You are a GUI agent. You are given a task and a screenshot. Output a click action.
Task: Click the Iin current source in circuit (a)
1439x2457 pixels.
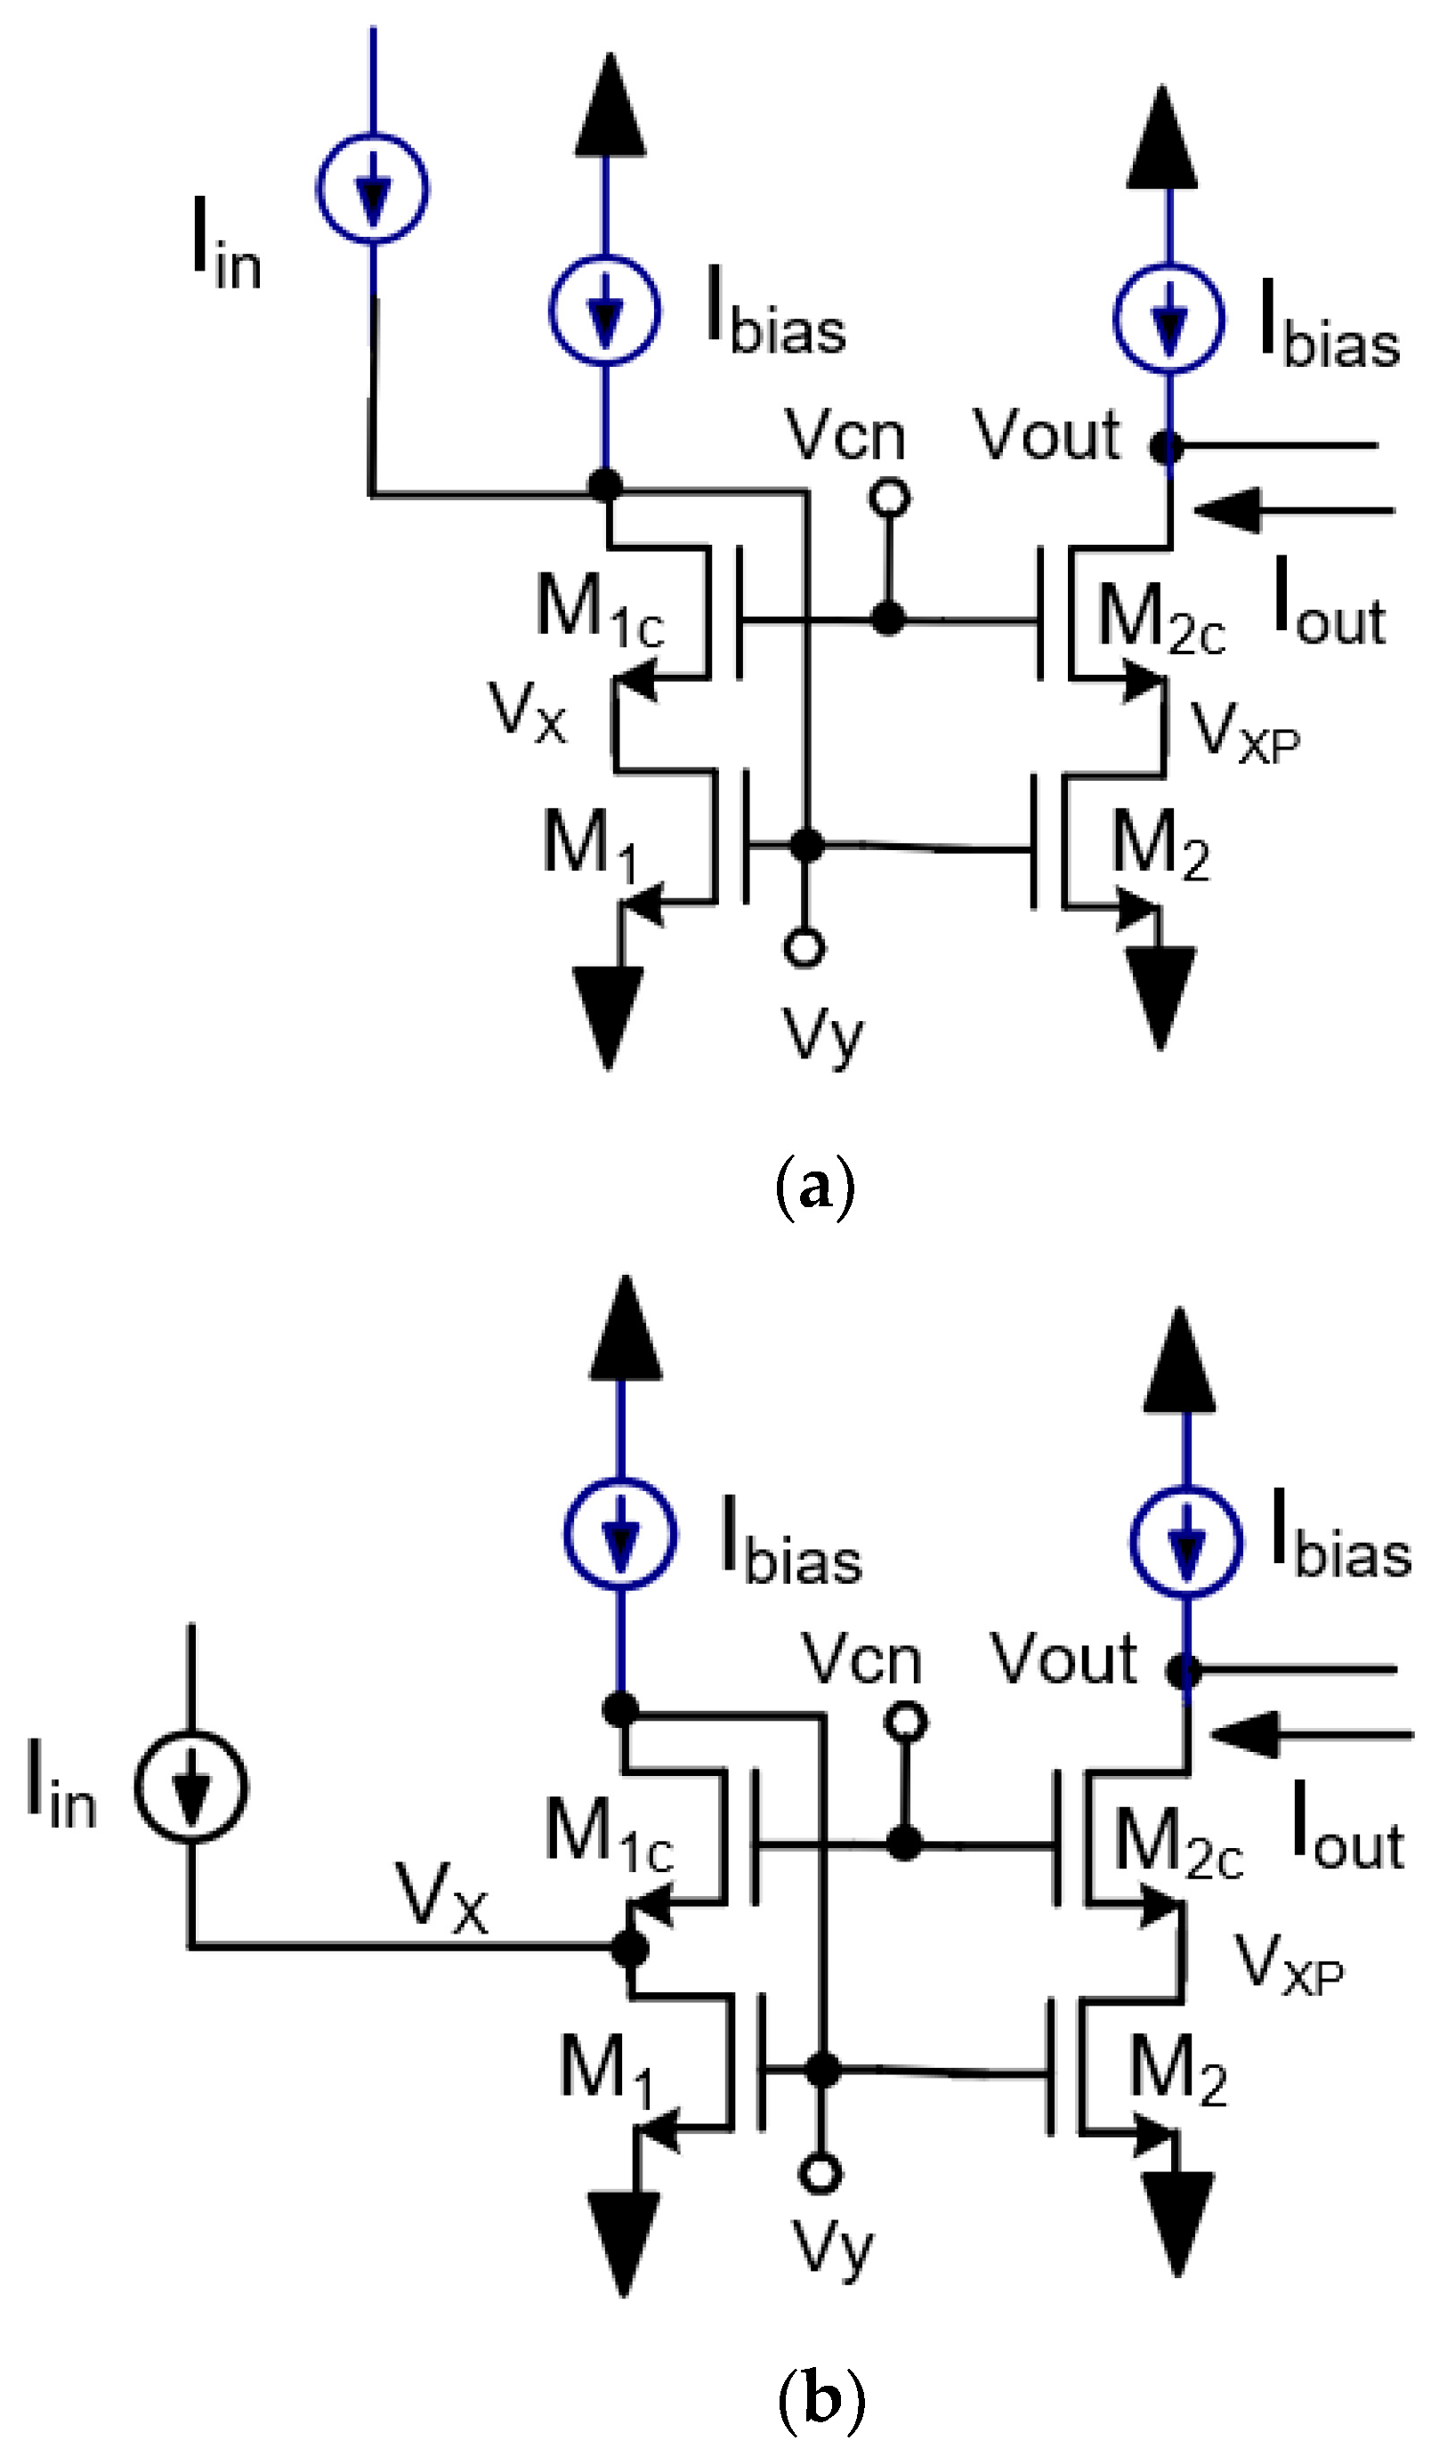(372, 187)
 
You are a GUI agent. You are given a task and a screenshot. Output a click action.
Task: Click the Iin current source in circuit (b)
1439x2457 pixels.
(190, 1786)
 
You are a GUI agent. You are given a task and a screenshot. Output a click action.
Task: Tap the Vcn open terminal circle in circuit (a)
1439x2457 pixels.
(889, 499)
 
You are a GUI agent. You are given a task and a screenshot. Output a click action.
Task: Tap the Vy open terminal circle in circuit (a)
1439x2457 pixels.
(804, 946)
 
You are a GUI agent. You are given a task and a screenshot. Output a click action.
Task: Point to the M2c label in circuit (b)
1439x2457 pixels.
(1177, 1841)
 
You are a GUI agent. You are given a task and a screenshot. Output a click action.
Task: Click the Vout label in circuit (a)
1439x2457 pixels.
(1047, 434)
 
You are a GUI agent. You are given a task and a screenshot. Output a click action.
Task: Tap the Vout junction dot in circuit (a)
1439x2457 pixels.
(1167, 448)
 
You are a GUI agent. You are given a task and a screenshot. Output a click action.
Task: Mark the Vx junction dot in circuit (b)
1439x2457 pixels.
(630, 1949)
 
